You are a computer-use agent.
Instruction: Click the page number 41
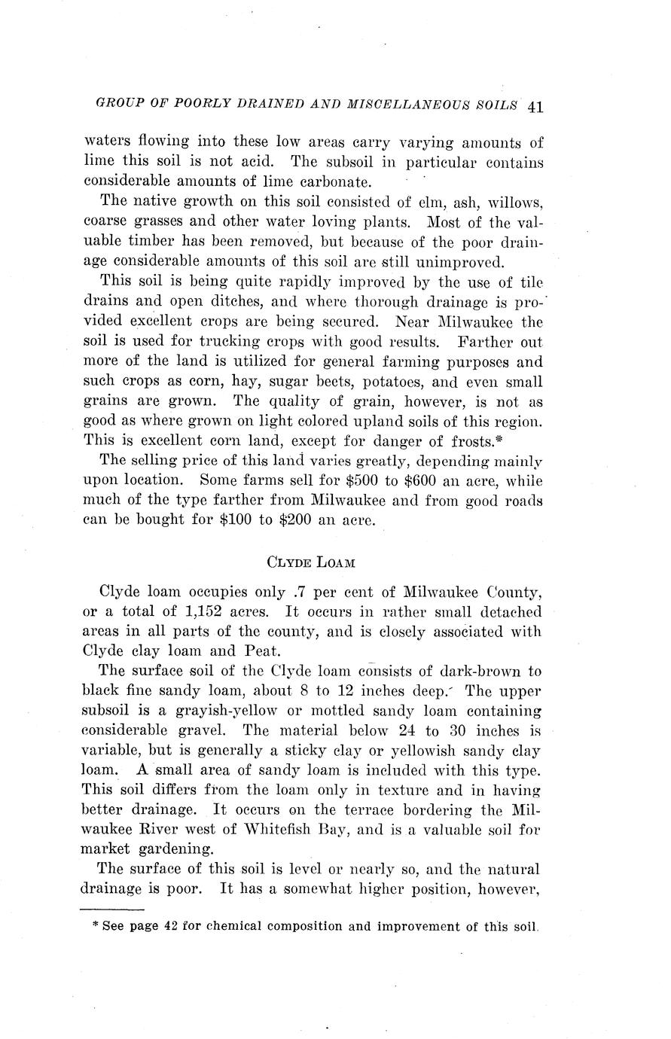tap(535, 106)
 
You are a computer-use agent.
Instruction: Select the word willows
tap(515, 202)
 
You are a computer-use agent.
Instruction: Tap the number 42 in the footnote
tap(170, 926)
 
